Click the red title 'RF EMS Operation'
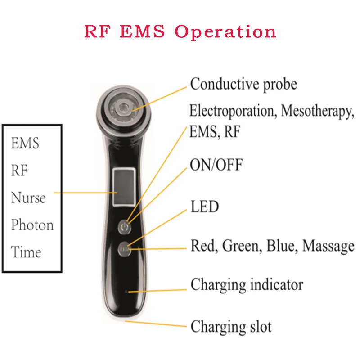tap(180, 32)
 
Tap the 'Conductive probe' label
tap(243, 84)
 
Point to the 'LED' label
tap(204, 207)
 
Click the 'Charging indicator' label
tap(247, 284)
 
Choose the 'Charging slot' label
tap(231, 326)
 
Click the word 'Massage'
tap(328, 246)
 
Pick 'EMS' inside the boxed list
tap(25, 143)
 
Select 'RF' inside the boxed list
tap(19, 171)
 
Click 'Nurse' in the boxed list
tap(28, 198)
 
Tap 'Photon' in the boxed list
tap(32, 225)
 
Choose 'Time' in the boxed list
tap(26, 252)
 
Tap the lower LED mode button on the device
tap(124, 248)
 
